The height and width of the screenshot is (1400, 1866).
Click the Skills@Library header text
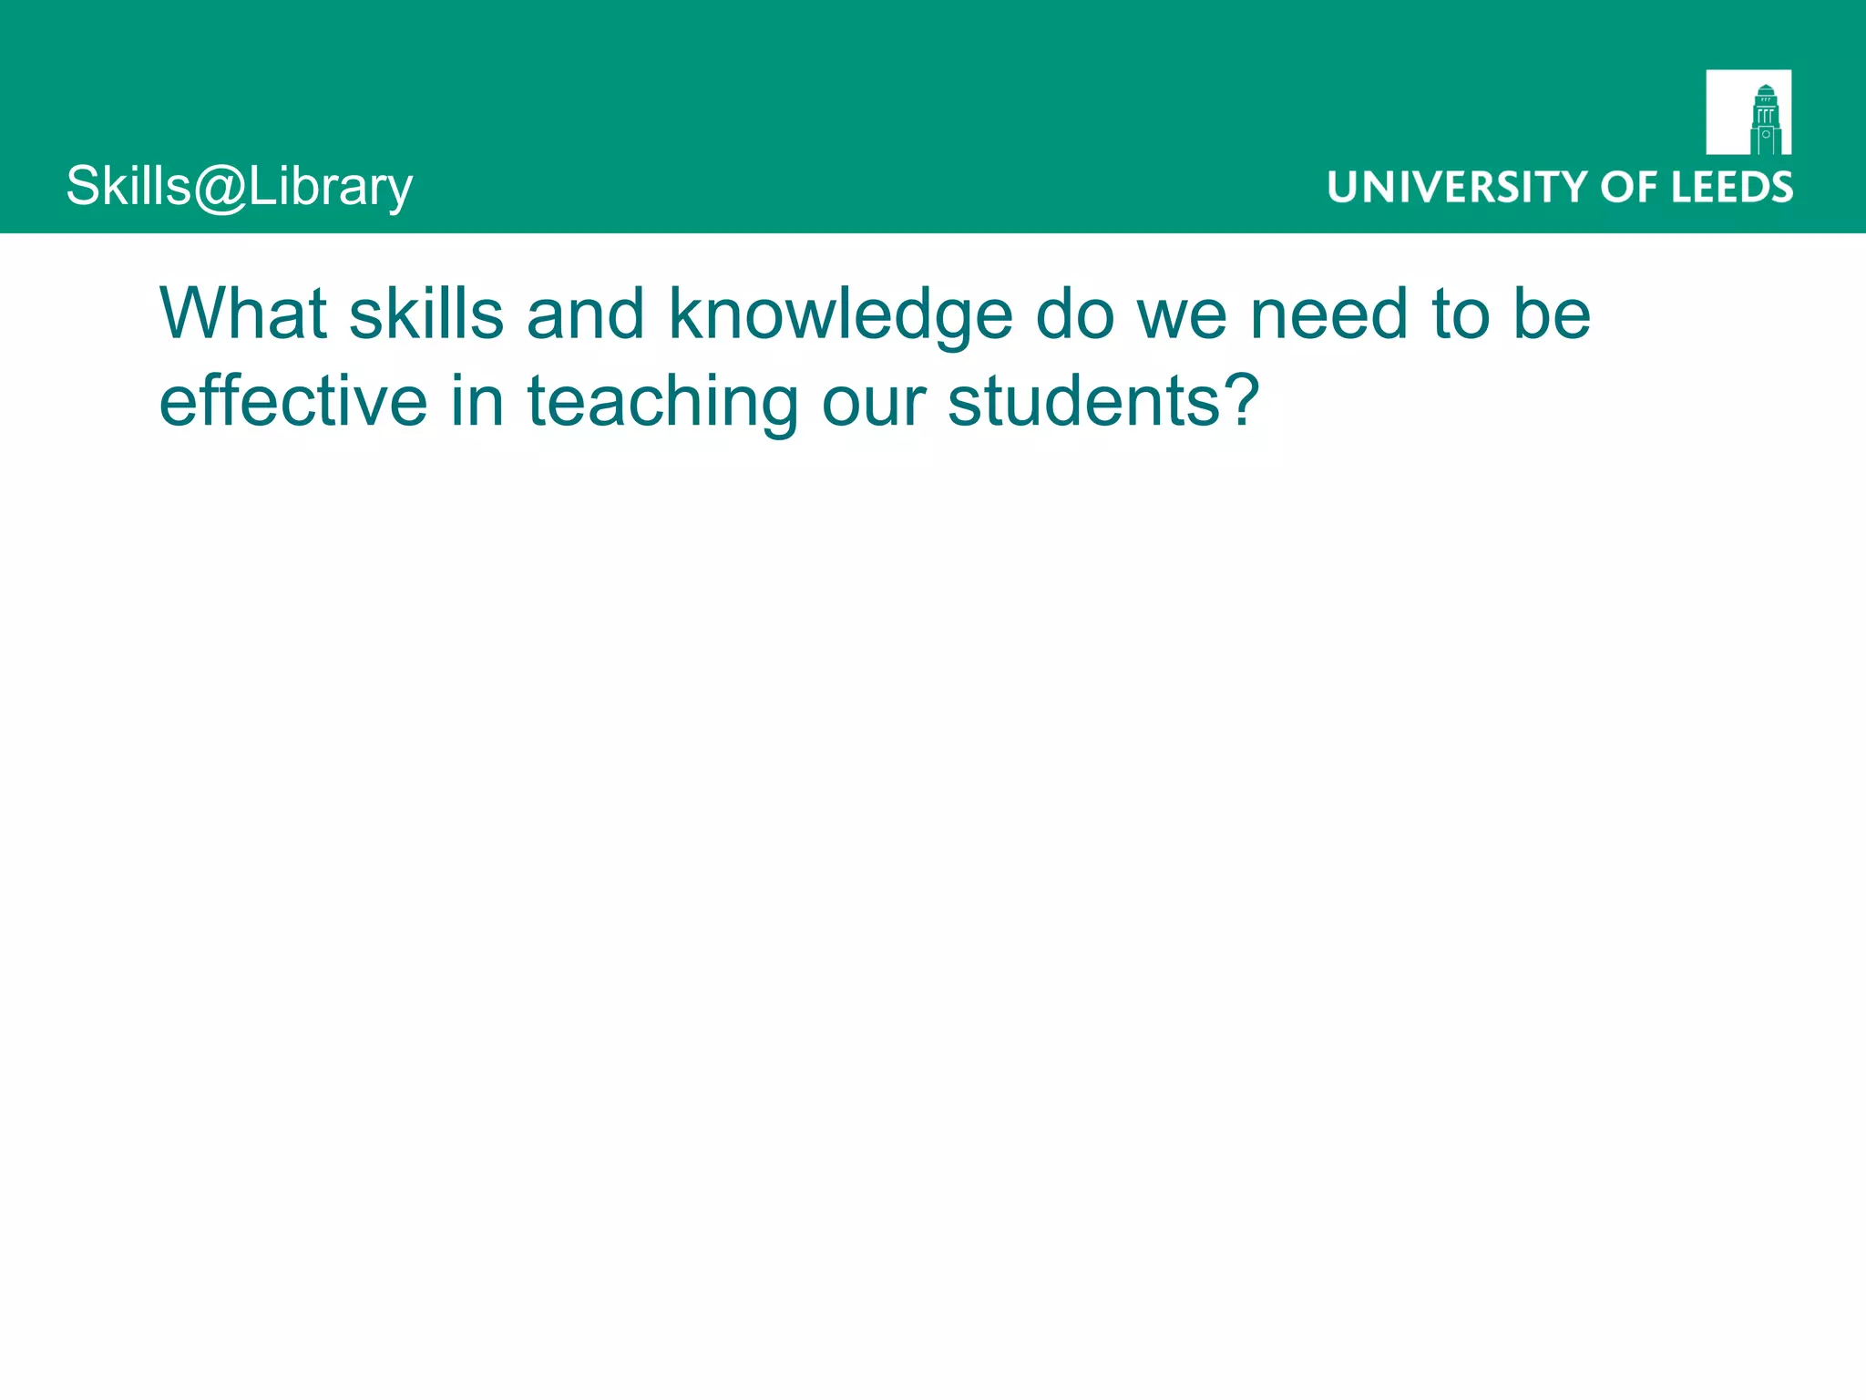[x=240, y=187]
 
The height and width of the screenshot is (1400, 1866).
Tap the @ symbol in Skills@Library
[x=220, y=188]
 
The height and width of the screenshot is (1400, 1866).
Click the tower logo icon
[x=1748, y=112]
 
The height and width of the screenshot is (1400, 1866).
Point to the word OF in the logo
[x=1629, y=187]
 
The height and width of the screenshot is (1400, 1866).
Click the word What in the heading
[x=243, y=314]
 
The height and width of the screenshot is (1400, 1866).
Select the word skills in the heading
[x=426, y=314]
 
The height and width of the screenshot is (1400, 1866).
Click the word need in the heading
[x=1329, y=314]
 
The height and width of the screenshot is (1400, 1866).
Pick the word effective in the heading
[x=293, y=401]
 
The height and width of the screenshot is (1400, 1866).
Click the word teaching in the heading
[x=662, y=403]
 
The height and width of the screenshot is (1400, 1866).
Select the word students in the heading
[x=1083, y=401]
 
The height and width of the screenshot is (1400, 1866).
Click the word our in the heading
[x=874, y=403]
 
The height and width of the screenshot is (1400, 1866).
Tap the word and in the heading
[x=585, y=314]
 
